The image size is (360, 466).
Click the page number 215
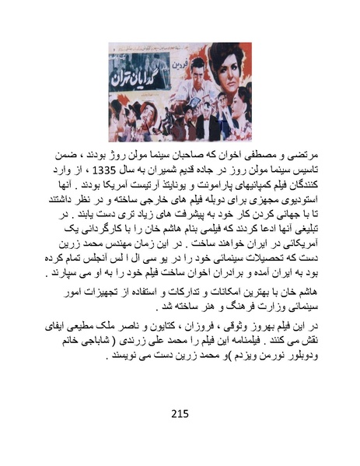tap(180, 413)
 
